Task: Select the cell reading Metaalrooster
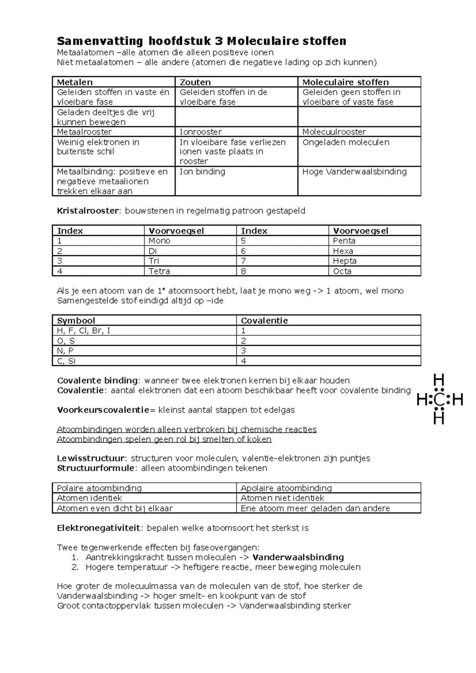(x=84, y=132)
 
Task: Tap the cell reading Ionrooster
(x=201, y=132)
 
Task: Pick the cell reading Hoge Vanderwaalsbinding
(x=354, y=172)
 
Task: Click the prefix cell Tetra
(x=159, y=271)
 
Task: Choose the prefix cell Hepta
(x=344, y=261)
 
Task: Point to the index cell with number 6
(x=244, y=251)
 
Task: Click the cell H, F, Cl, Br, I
(x=84, y=331)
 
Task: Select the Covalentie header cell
(x=264, y=321)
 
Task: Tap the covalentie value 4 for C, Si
(x=244, y=361)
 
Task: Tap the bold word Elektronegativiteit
(x=99, y=528)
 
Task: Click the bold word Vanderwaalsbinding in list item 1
(x=298, y=557)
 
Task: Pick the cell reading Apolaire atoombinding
(x=286, y=488)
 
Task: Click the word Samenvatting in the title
(x=100, y=41)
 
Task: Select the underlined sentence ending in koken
(x=164, y=439)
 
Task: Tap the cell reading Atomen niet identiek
(x=282, y=498)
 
